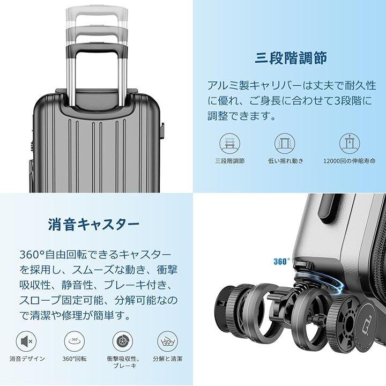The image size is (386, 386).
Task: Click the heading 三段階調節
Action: (x=291, y=58)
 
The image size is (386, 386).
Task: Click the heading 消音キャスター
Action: (x=94, y=224)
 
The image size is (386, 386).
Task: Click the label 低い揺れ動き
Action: (x=286, y=161)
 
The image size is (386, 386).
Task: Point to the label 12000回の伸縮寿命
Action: (x=350, y=161)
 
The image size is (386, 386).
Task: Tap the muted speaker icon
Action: (x=26, y=342)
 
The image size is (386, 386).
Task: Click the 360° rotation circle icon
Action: (x=75, y=342)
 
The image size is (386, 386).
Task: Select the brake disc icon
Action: (x=123, y=342)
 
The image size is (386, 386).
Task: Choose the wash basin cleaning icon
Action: (x=168, y=342)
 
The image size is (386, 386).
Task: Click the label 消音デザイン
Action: (x=27, y=359)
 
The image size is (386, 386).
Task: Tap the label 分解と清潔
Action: (x=168, y=359)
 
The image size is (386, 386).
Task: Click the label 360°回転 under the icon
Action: (x=75, y=359)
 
